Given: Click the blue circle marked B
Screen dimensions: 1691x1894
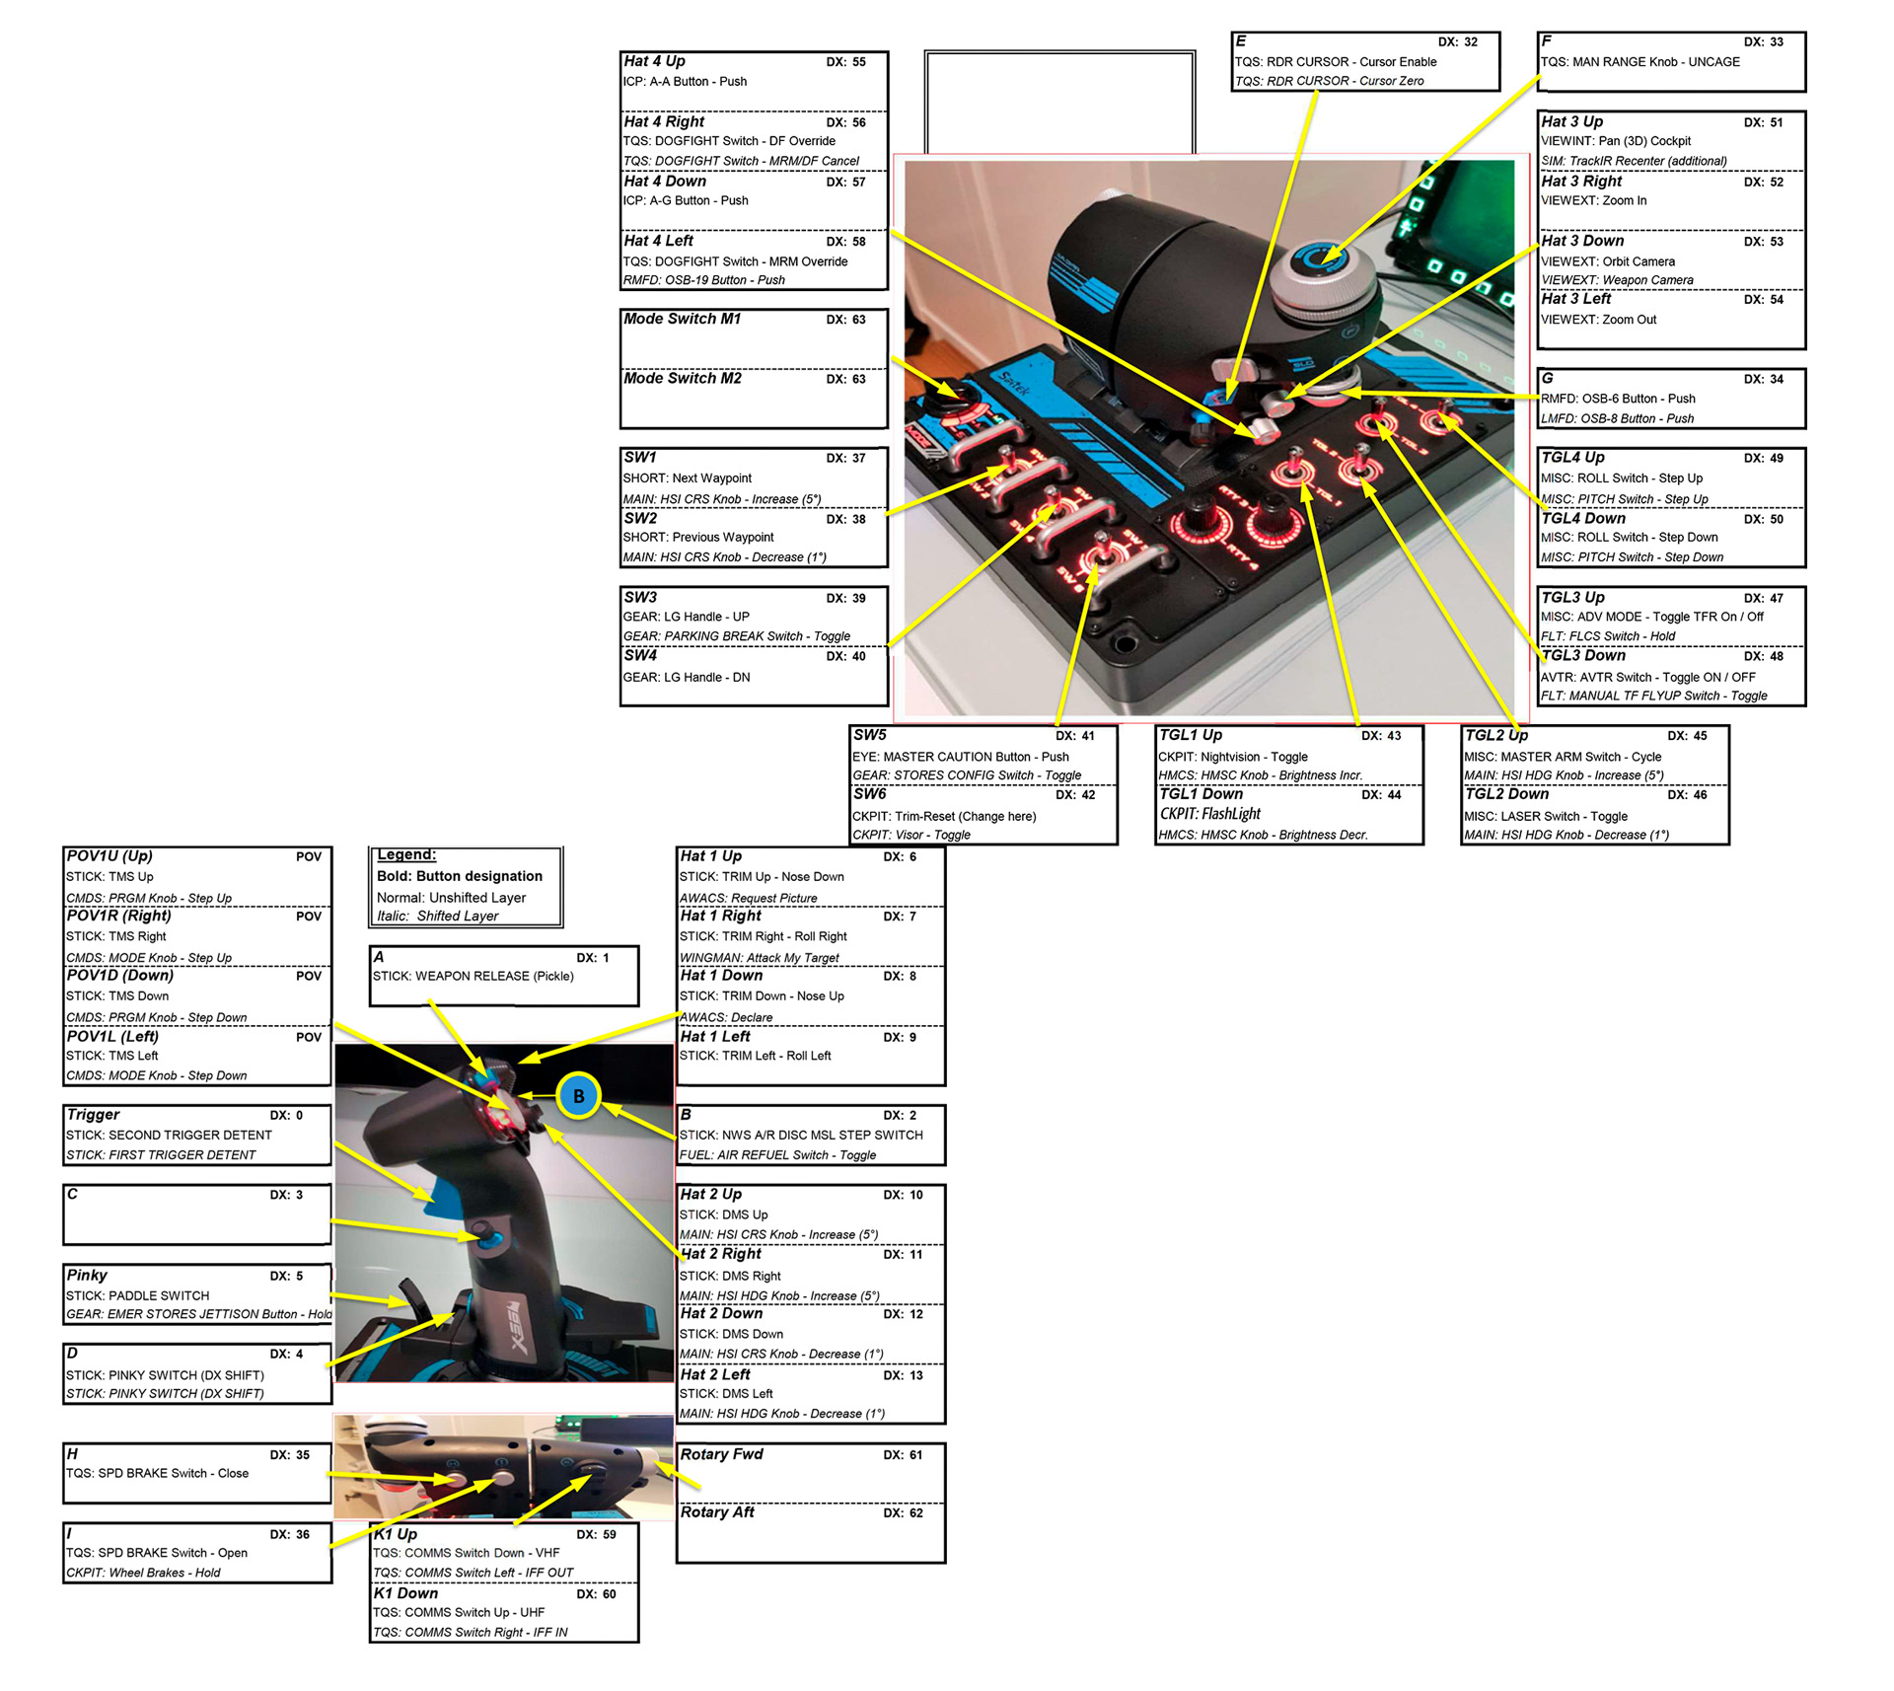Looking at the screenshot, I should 578,1096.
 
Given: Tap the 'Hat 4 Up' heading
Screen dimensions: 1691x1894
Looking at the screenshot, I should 654,61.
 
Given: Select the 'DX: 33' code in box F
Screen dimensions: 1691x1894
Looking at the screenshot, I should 1763,42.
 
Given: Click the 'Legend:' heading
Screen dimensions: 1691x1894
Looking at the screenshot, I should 406,855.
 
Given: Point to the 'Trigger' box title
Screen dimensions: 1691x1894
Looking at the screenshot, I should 93,1115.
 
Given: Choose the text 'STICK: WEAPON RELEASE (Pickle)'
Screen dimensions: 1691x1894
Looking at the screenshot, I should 473,977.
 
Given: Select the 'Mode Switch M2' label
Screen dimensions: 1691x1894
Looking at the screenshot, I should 683,379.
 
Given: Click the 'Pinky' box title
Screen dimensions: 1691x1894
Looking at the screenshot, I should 87,1275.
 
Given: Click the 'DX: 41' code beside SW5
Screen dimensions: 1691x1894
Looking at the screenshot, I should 1074,736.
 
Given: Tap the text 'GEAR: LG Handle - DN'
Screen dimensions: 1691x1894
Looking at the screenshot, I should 687,678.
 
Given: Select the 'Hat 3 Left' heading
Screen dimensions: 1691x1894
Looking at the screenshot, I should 1575,299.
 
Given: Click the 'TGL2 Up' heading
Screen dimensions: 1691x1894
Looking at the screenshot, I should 1495,735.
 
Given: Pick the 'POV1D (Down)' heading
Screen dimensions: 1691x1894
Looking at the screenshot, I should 119,976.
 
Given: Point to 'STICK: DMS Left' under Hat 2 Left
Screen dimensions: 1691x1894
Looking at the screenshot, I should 726,1394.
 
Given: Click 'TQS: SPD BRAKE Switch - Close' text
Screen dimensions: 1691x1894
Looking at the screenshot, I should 157,1474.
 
